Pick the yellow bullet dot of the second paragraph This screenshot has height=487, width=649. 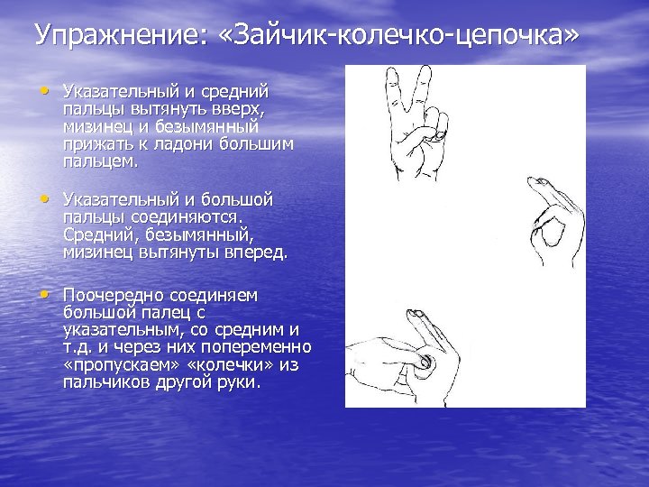pyautogui.click(x=45, y=198)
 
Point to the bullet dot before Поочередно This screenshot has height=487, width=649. pyautogui.click(x=45, y=294)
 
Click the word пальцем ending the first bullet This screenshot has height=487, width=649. pyautogui.click(x=100, y=162)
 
